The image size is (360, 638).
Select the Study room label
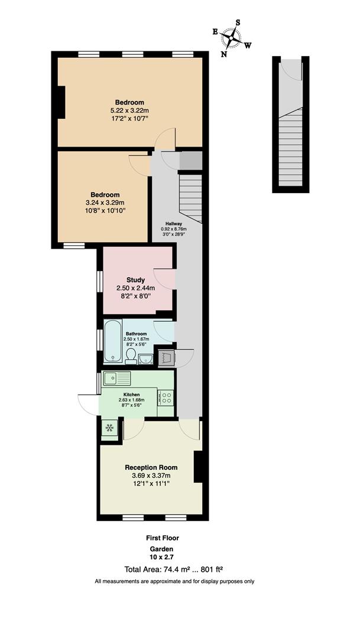click(x=135, y=279)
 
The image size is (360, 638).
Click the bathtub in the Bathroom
click(x=112, y=341)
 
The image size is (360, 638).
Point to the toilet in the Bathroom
click(x=131, y=354)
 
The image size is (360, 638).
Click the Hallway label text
click(x=173, y=223)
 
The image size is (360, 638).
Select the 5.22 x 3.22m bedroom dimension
click(x=129, y=110)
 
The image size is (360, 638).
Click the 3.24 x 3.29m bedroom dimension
click(x=106, y=202)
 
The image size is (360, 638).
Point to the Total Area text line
click(x=173, y=569)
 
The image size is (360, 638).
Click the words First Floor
click(x=162, y=538)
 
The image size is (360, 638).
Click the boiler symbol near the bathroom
click(x=166, y=357)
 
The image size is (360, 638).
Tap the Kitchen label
click(x=131, y=394)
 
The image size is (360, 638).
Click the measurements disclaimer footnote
click(x=174, y=582)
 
